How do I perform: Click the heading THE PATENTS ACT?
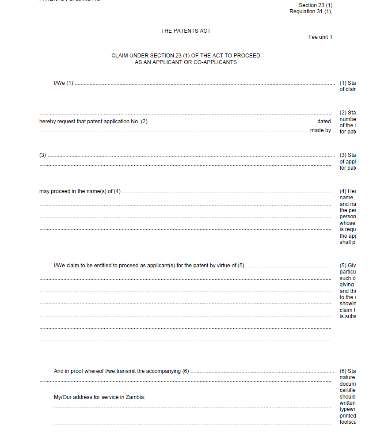[186, 31]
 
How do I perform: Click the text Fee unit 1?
[320, 37]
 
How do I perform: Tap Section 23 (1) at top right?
[316, 5]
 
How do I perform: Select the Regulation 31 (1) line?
[311, 11]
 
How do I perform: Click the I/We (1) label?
[63, 83]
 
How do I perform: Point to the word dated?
[324, 122]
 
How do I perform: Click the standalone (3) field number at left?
[42, 155]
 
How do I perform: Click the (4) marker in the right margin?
[343, 191]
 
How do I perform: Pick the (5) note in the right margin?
[343, 266]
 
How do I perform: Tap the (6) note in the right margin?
[343, 371]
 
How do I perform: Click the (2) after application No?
[144, 122]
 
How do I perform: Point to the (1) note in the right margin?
[343, 83]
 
